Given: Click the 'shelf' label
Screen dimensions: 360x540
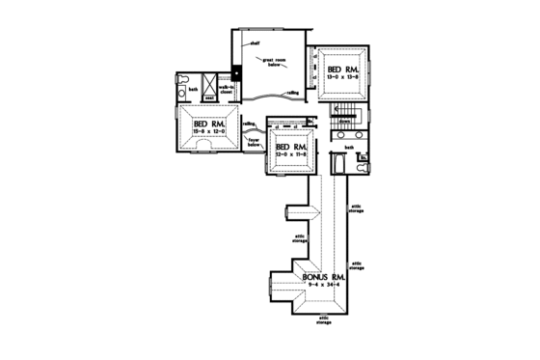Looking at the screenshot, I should coord(256,44).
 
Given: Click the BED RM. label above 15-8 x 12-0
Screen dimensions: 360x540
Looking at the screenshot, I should coord(208,125).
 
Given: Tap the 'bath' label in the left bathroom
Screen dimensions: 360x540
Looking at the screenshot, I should coord(194,90).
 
